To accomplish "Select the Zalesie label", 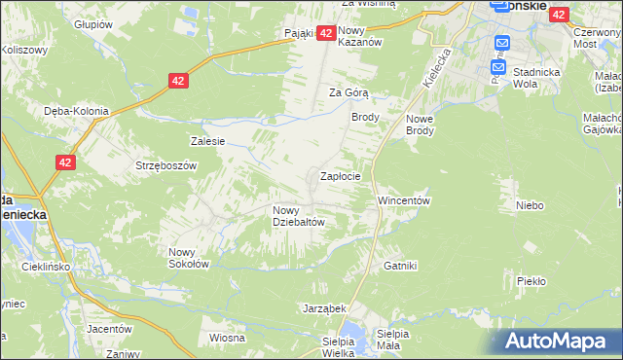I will [208, 141].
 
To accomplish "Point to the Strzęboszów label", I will [166, 165].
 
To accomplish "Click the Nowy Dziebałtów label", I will [298, 215].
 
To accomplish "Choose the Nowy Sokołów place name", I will [189, 257].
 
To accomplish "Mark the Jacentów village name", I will [108, 329].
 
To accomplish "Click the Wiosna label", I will [226, 338].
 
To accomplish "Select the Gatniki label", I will [400, 265].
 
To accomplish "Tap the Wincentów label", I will [404, 200].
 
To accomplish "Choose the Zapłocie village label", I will [341, 177].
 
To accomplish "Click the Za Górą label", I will [347, 93].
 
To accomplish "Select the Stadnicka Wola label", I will [574, 78].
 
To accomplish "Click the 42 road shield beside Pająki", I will [326, 33].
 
